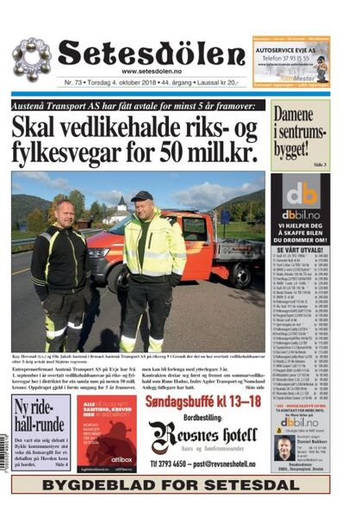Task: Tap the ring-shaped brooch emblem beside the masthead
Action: (32, 59)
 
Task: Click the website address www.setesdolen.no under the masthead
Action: (155, 72)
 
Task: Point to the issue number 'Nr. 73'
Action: (73, 84)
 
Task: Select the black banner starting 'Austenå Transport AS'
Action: (138, 105)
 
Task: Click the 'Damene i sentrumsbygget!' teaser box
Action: (300, 134)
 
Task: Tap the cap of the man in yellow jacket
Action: (141, 196)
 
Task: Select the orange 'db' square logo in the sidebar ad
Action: (301, 194)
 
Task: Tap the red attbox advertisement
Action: (106, 434)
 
